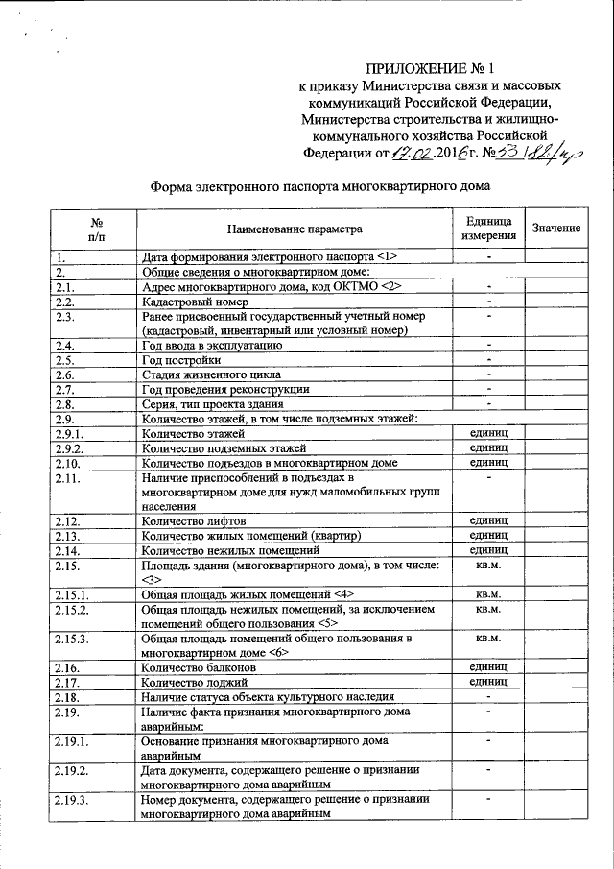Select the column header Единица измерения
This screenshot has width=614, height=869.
(488, 228)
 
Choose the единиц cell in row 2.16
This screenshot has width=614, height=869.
(488, 665)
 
